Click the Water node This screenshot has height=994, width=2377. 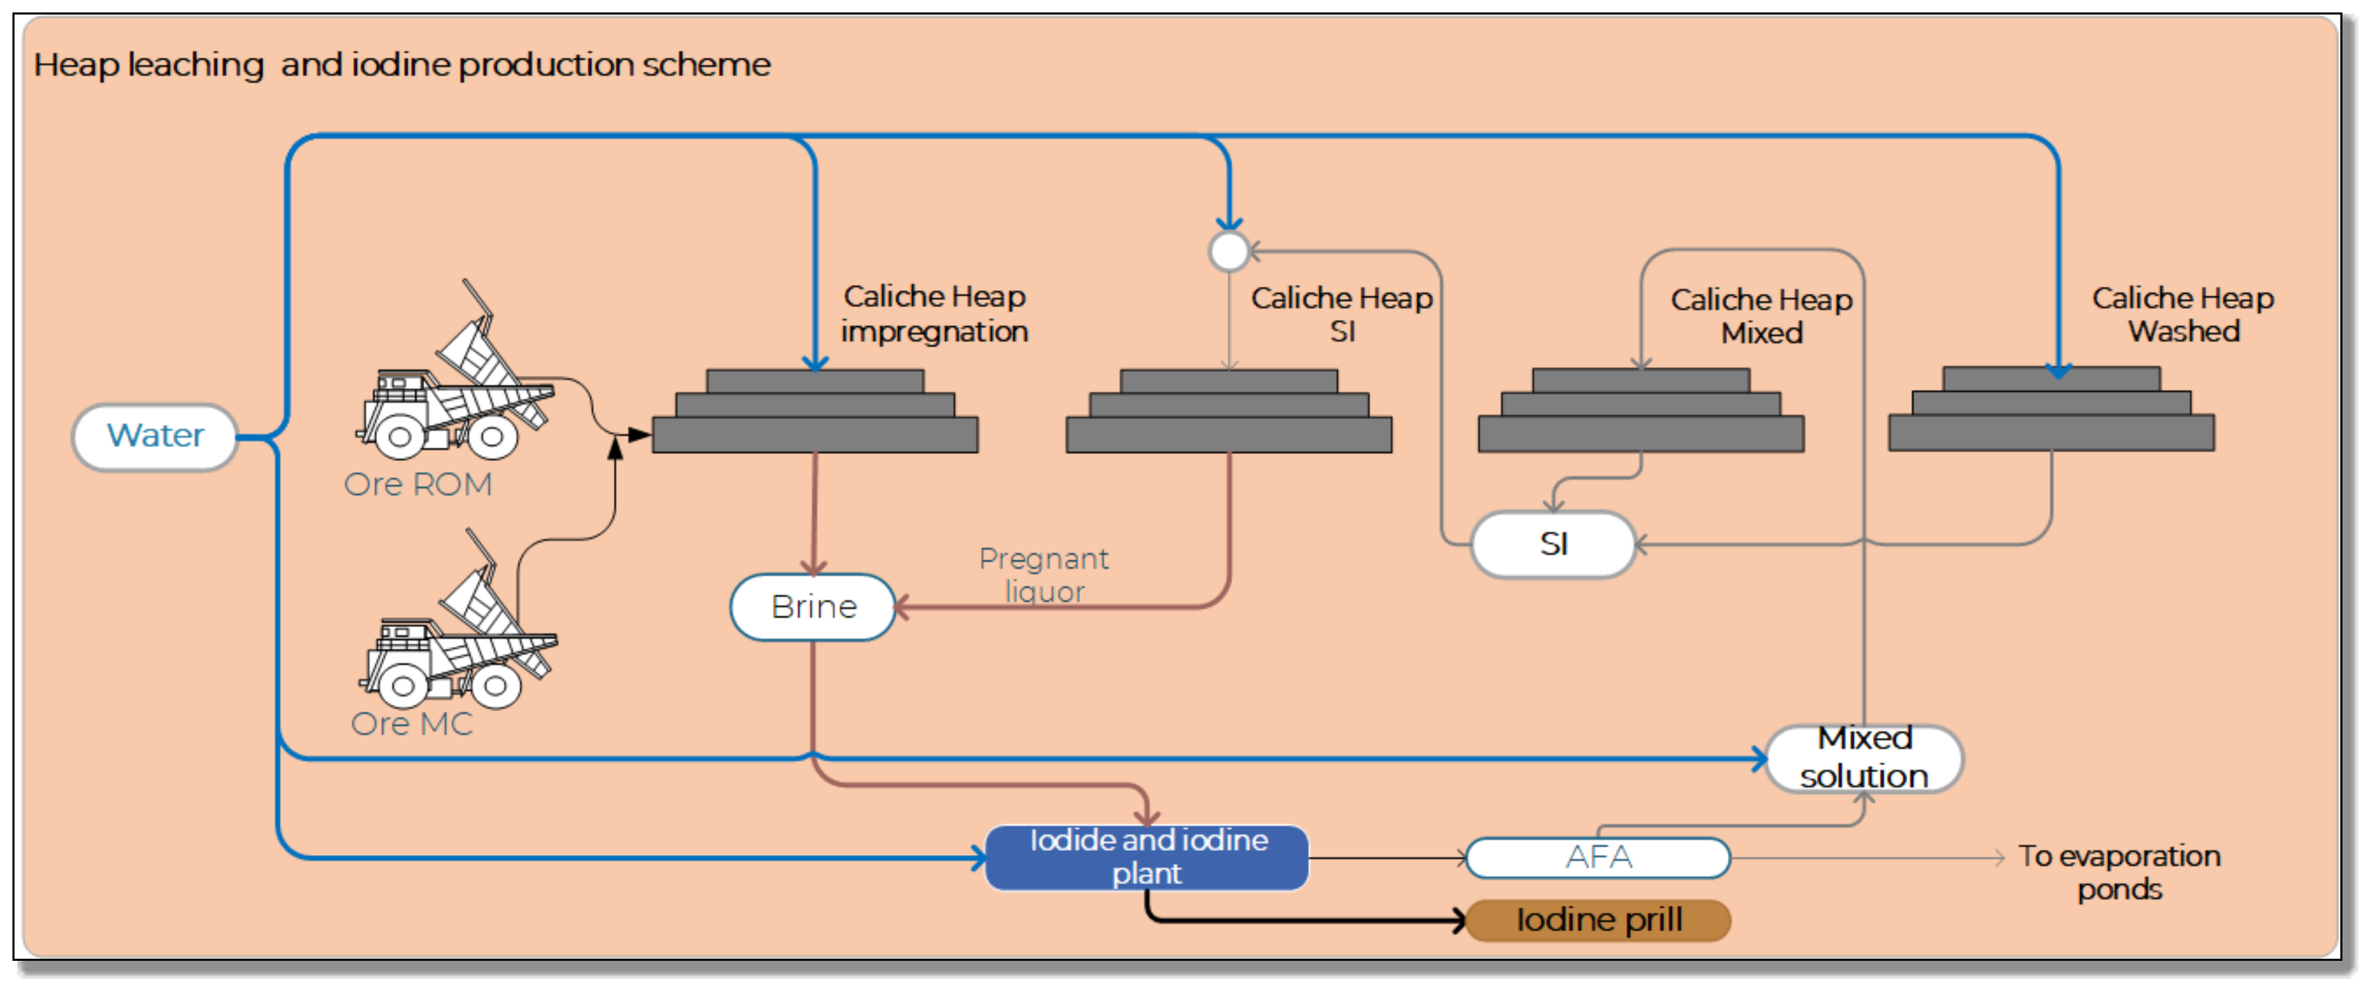click(x=155, y=437)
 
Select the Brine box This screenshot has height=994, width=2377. click(x=813, y=608)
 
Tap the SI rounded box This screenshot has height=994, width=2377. click(x=1554, y=545)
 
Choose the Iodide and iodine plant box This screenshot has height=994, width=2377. click(x=1147, y=857)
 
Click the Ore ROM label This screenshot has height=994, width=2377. click(x=418, y=485)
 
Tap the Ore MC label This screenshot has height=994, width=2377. click(x=411, y=724)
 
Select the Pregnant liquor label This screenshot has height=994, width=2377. click(x=1043, y=574)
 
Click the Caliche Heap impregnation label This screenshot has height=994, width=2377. click(x=934, y=314)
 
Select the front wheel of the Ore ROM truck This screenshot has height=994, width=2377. click(x=400, y=438)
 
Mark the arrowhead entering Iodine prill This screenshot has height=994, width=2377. click(x=1459, y=920)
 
